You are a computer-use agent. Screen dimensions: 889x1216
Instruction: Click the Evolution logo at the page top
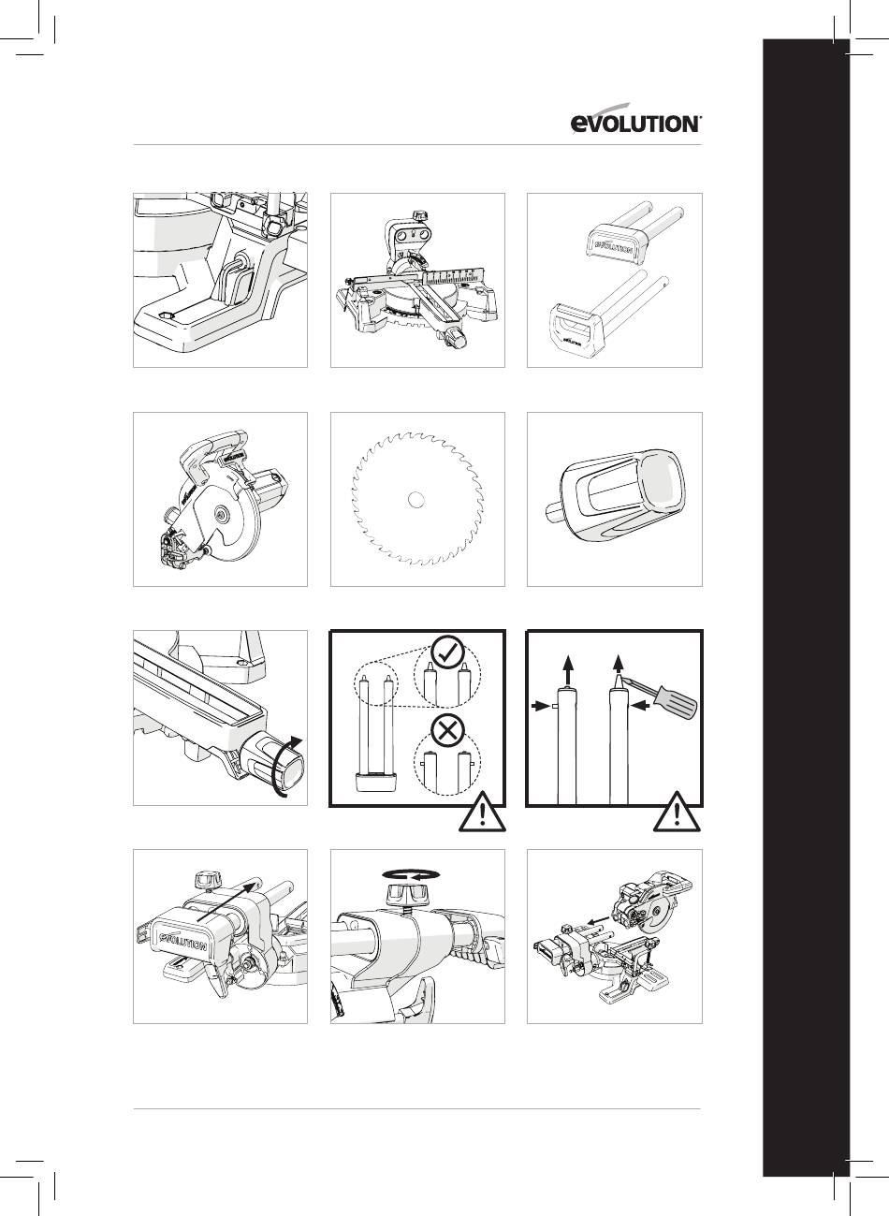tap(636, 119)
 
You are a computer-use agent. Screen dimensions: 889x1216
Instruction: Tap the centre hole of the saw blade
tap(416, 499)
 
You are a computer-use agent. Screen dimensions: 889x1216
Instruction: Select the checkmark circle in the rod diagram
tap(447, 653)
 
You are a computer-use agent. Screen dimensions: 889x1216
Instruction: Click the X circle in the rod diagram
tap(447, 733)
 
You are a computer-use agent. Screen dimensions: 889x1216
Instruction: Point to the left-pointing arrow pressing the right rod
tap(642, 706)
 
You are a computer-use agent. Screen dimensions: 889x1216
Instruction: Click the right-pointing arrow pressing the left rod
tap(540, 706)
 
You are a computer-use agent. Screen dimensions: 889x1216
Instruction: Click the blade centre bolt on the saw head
tap(221, 511)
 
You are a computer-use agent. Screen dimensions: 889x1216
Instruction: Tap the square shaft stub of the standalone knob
tap(555, 513)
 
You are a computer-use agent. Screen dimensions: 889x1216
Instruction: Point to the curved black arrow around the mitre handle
tap(287, 767)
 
